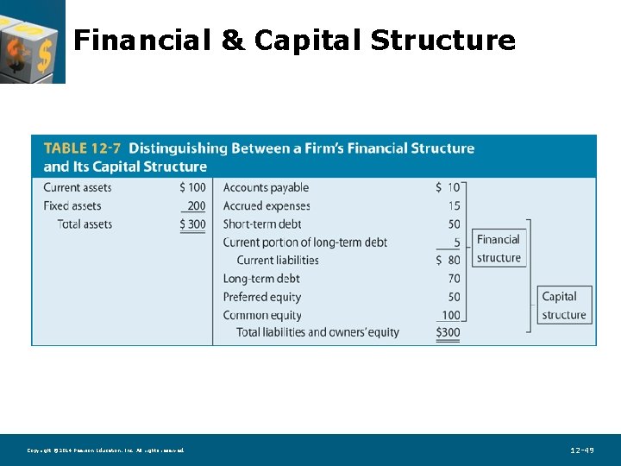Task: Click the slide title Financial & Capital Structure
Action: click(294, 41)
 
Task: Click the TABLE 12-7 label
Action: click(82, 148)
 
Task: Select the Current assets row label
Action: click(78, 187)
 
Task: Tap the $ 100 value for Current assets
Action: click(192, 187)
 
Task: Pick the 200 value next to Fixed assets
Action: click(196, 206)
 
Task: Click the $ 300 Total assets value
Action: click(192, 224)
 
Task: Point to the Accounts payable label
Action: click(266, 187)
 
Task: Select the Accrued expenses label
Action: click(266, 206)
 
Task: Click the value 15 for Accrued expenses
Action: click(454, 206)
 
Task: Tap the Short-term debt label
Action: click(262, 224)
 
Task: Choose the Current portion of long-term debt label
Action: click(305, 242)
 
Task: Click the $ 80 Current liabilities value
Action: click(448, 260)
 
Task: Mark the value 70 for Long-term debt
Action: click(454, 279)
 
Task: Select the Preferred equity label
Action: click(262, 297)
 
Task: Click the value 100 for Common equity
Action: click(451, 315)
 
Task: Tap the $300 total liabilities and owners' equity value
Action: click(448, 332)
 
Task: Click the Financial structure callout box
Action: click(499, 249)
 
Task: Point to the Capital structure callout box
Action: click(564, 305)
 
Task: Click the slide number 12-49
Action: click(582, 450)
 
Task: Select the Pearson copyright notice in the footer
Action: click(105, 450)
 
